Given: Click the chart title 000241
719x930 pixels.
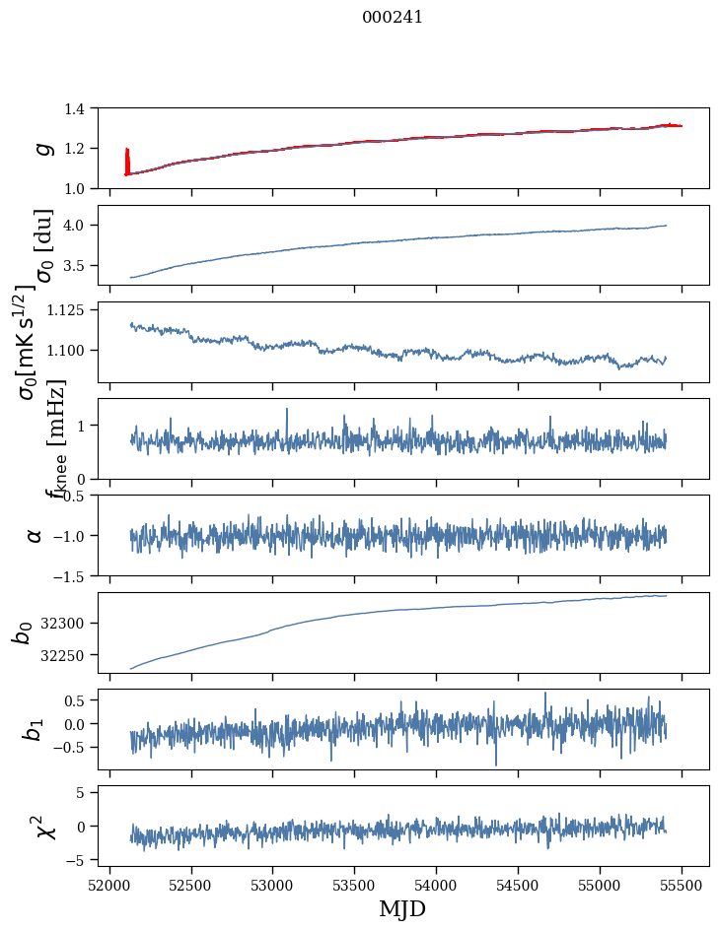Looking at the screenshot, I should click(393, 17).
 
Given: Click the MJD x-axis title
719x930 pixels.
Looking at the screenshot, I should click(402, 909).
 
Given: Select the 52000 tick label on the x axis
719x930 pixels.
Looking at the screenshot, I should click(109, 887).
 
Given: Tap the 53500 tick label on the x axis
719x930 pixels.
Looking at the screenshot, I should click(355, 887).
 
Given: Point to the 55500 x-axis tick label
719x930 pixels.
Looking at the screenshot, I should click(683, 887).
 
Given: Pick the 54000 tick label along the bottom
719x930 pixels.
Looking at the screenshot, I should click(437, 887).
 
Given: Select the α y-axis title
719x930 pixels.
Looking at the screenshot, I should click(35, 535).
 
